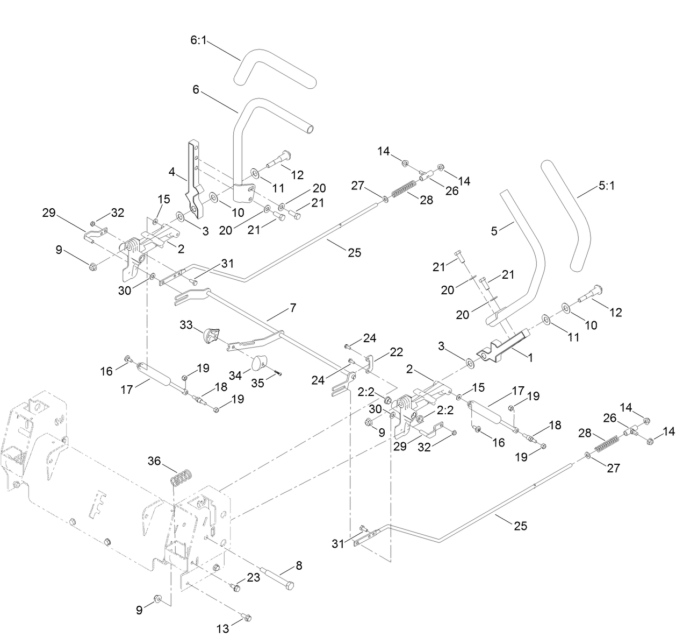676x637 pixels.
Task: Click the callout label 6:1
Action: pyautogui.click(x=198, y=40)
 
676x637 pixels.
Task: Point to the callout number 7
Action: pyautogui.click(x=292, y=308)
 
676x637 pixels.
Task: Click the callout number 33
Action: pyautogui.click(x=186, y=325)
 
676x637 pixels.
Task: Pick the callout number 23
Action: pyautogui.click(x=253, y=577)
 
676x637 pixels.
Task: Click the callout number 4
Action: pyautogui.click(x=172, y=173)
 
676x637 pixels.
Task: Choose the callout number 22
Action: pyautogui.click(x=397, y=351)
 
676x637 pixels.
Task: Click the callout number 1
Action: pyautogui.click(x=530, y=357)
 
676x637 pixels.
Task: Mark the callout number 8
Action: pyautogui.click(x=298, y=565)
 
